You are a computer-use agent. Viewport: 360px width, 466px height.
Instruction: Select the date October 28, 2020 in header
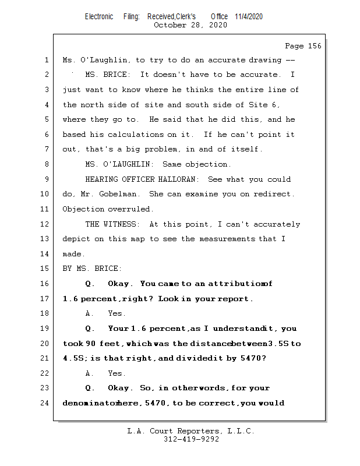[190, 25]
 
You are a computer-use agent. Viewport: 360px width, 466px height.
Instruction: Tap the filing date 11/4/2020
[249, 16]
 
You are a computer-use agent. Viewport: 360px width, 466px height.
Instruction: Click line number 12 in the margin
[45, 224]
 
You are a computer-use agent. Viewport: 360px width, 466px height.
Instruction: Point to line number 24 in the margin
[45, 403]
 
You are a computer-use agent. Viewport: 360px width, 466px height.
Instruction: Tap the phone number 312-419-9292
[191, 439]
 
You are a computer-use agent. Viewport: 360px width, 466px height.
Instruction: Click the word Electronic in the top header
[99, 16]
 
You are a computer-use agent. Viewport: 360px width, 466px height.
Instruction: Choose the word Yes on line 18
[117, 313]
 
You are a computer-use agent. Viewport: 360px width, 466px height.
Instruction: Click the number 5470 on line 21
[246, 358]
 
